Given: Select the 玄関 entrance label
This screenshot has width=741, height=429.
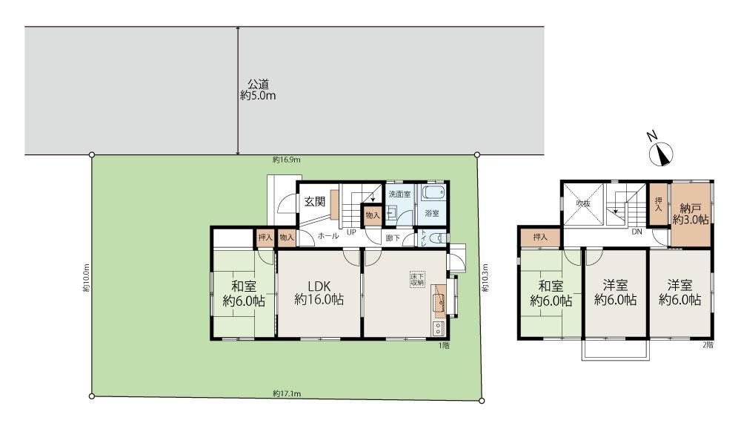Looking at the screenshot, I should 314,200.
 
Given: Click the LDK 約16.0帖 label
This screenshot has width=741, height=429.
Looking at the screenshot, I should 319,292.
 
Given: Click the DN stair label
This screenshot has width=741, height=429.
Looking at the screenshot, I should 636,232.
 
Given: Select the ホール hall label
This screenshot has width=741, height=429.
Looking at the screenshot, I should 328,236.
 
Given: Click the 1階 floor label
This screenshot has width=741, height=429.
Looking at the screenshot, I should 443,345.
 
